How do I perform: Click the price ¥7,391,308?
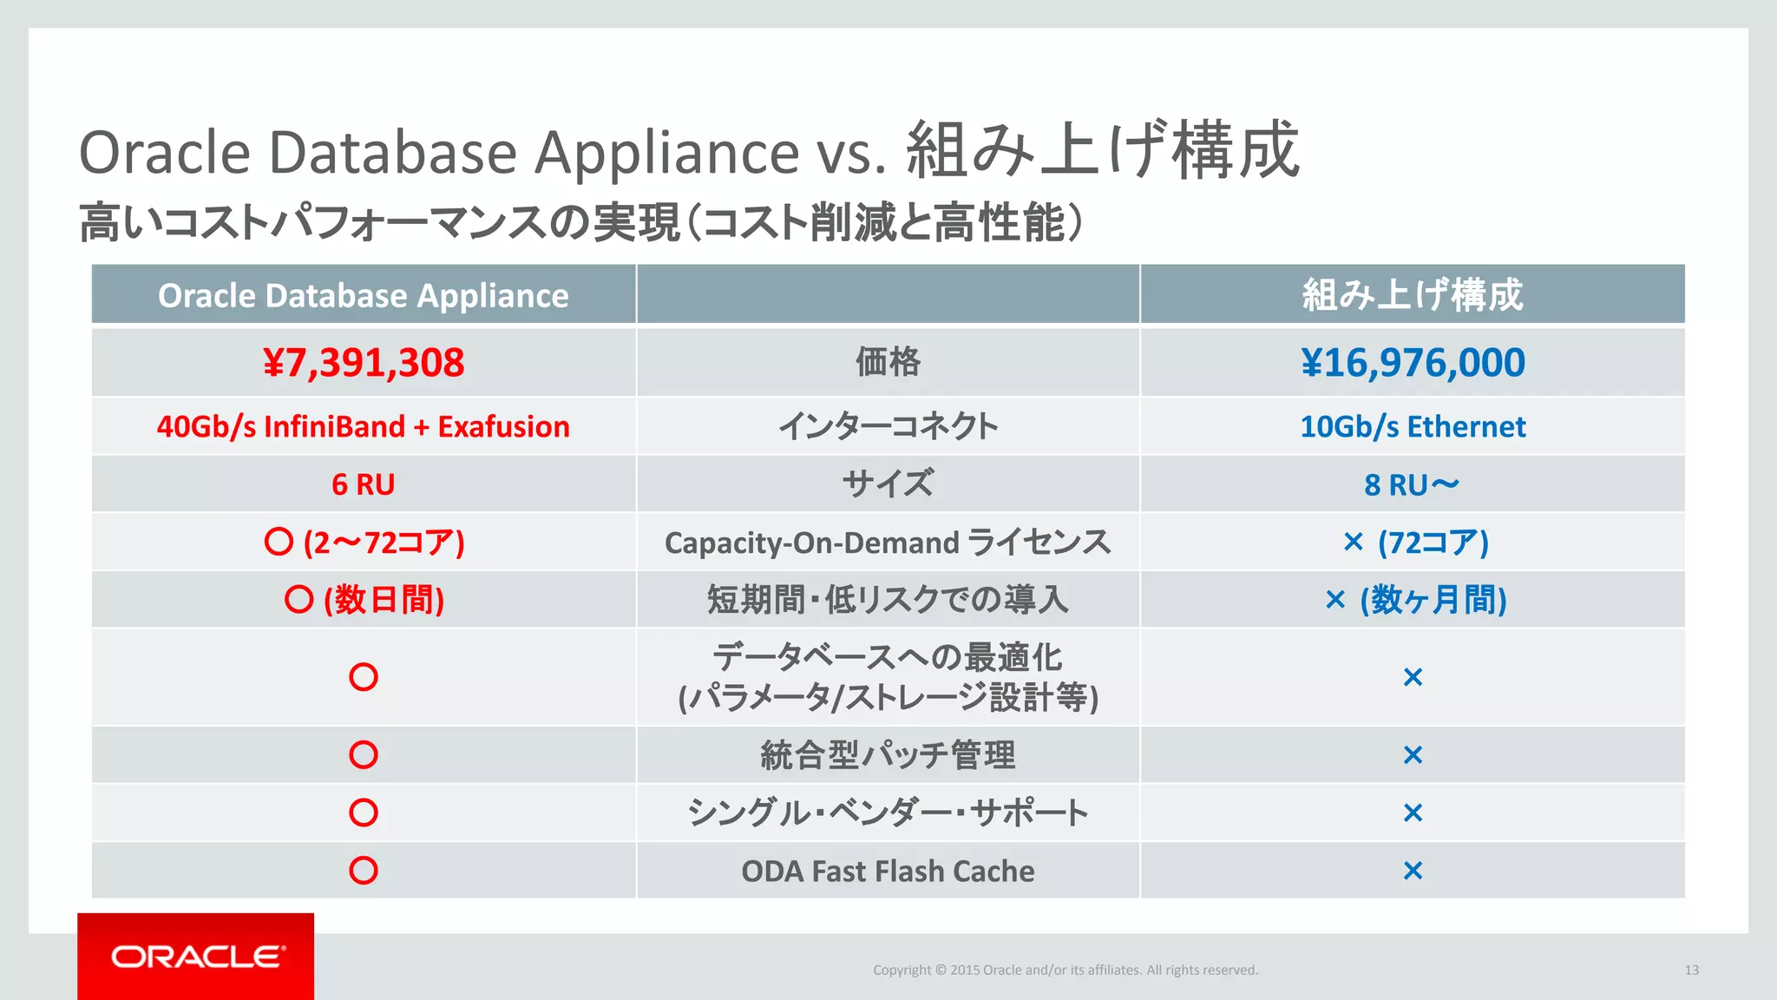(x=364, y=363)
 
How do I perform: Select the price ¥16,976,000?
(x=1413, y=363)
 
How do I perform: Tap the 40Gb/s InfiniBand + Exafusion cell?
(x=364, y=427)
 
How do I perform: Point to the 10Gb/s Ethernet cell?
(x=1413, y=427)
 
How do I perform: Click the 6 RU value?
(x=364, y=484)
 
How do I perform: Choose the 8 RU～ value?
(x=1412, y=484)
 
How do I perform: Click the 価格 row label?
(x=888, y=362)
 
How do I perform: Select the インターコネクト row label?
(x=888, y=427)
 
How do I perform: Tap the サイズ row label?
(x=888, y=484)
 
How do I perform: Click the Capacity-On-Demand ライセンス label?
(x=888, y=543)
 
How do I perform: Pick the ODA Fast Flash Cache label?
(x=888, y=871)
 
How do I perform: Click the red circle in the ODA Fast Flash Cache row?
(x=364, y=870)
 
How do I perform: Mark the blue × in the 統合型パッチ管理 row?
(x=1413, y=755)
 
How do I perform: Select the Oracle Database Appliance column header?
(x=364, y=295)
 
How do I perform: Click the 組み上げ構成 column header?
(x=1413, y=295)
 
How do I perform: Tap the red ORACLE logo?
(x=196, y=957)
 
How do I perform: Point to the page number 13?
(x=1691, y=970)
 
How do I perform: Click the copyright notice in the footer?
(x=1066, y=970)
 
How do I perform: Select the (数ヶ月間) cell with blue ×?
(x=1416, y=600)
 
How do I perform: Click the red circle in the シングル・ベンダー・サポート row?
(x=364, y=812)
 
